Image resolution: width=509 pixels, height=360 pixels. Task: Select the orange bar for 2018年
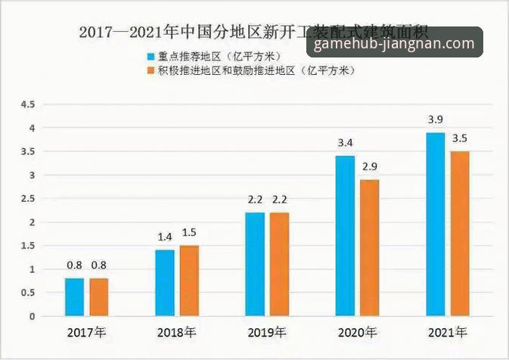(x=189, y=281)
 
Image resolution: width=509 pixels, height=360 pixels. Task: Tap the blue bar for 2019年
(x=255, y=264)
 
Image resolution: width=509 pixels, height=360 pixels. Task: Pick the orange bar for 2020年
(x=369, y=247)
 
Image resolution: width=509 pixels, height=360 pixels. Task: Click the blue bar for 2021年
(x=435, y=224)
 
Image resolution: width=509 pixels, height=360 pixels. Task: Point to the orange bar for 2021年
(x=460, y=234)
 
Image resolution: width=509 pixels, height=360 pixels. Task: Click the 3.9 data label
(x=435, y=120)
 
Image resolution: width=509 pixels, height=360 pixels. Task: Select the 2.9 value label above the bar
(x=369, y=167)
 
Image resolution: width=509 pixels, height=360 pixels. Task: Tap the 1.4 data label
(x=165, y=237)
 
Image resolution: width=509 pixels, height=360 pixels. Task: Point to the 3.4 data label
(x=344, y=143)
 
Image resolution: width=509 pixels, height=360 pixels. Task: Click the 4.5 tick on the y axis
(x=28, y=104)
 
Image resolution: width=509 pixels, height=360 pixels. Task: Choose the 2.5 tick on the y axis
(x=28, y=198)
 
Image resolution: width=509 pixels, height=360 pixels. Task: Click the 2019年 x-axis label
(x=267, y=333)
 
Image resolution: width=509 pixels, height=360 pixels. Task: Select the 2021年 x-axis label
(x=448, y=333)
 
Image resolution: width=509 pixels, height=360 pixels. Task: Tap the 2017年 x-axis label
(x=86, y=333)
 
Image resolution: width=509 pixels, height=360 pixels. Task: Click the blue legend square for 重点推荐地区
(x=151, y=56)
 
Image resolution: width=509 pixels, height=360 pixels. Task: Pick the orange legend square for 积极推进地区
(x=151, y=70)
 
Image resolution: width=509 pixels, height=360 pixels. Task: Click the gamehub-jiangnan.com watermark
(x=394, y=44)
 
